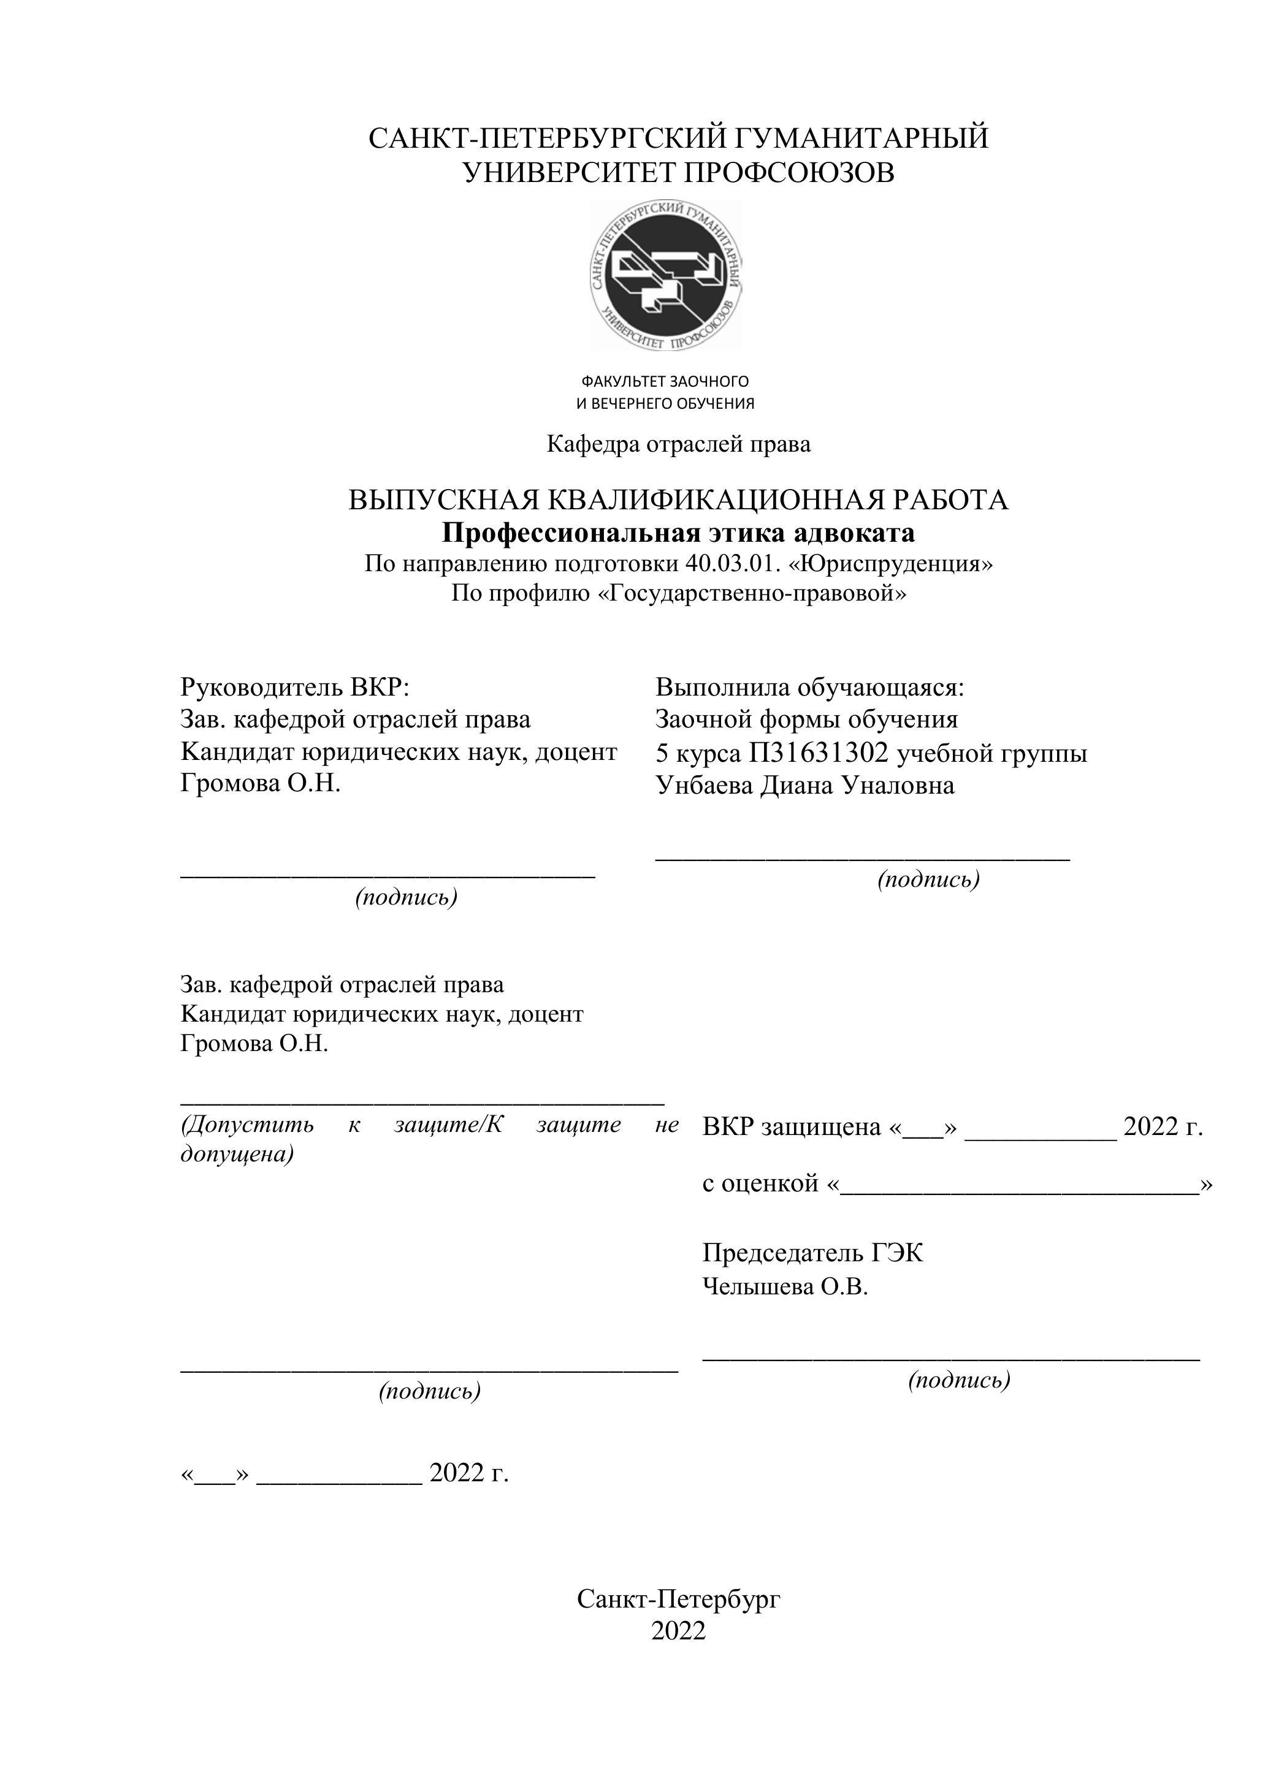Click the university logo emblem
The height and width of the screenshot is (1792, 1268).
point(666,275)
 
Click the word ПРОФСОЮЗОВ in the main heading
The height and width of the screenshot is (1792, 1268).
point(788,172)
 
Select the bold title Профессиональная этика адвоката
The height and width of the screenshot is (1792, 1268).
point(678,533)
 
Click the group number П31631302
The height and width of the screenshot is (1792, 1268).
point(819,753)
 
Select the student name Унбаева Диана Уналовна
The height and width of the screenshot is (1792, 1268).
point(804,784)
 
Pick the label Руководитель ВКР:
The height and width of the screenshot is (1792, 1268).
point(295,688)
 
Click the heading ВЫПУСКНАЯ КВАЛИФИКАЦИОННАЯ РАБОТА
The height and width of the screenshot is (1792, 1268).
point(678,499)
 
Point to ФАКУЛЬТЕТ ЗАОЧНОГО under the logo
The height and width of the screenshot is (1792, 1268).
point(665,382)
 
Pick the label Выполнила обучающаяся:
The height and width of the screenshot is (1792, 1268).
point(810,688)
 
